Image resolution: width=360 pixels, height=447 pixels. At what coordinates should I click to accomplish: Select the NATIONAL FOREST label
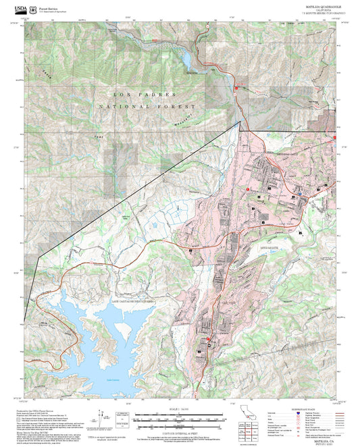147,107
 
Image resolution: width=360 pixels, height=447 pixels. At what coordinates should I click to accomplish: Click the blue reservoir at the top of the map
184,59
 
